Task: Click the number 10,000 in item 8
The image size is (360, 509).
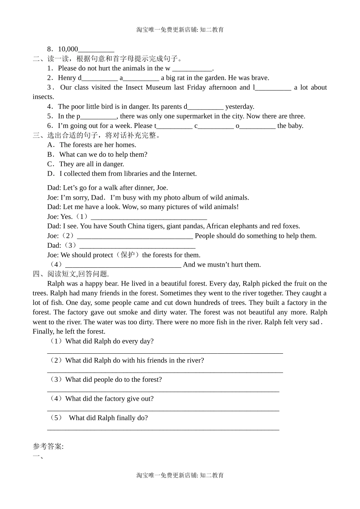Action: (x=68, y=49)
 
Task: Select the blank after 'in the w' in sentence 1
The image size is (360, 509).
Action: (x=192, y=69)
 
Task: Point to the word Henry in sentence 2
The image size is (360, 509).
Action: (x=67, y=78)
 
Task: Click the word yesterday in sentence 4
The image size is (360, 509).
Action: (x=239, y=107)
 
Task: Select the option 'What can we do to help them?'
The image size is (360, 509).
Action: (x=103, y=155)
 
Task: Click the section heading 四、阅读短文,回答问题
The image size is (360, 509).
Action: (x=71, y=274)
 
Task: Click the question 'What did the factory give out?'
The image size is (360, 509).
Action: (x=109, y=399)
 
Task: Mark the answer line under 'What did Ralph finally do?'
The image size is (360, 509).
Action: (x=163, y=429)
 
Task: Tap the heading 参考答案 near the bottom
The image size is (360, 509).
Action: (x=48, y=447)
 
